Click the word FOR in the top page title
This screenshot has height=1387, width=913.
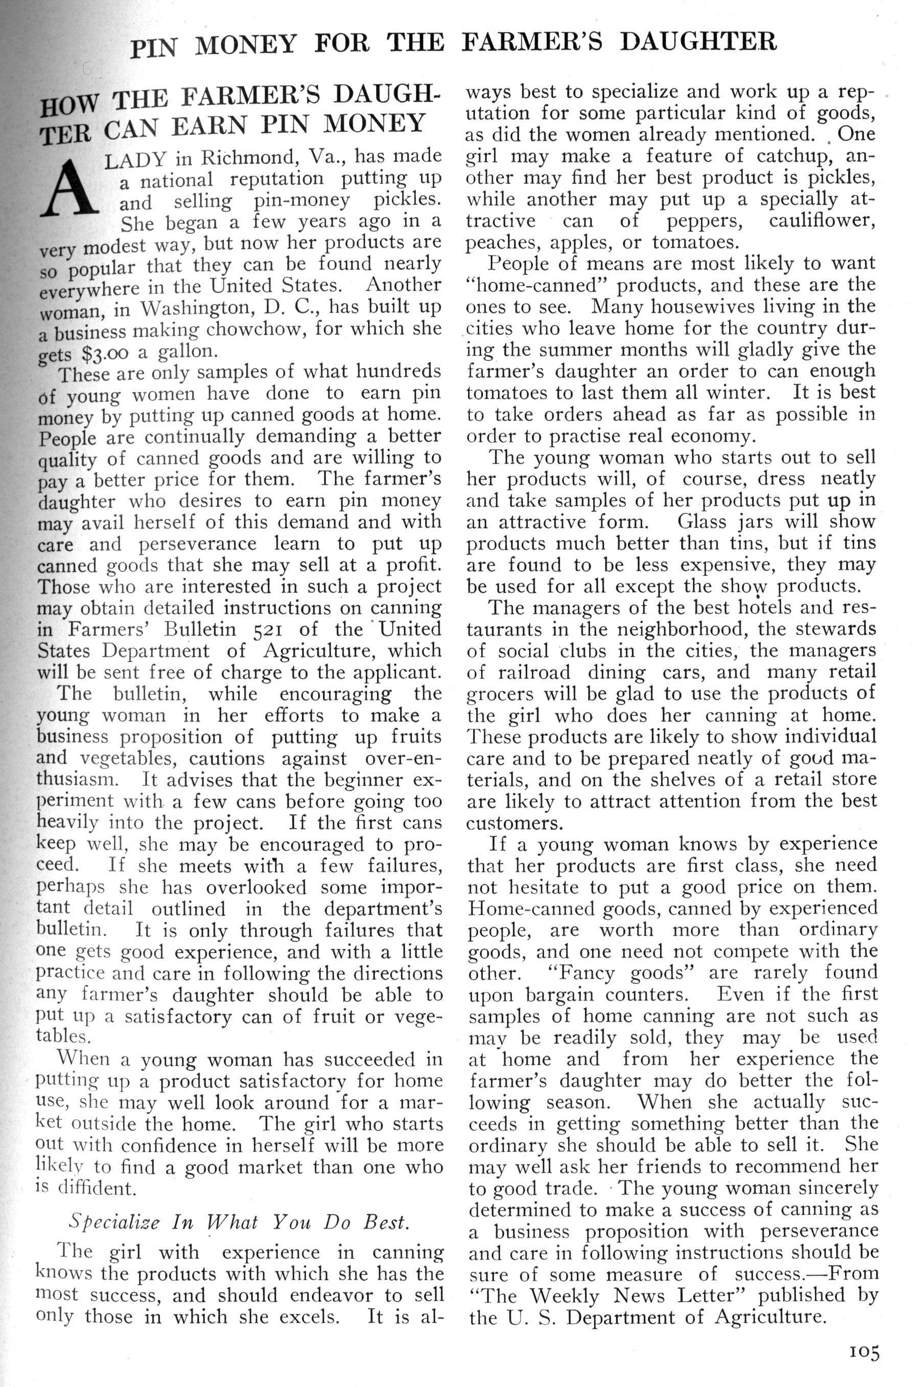tap(341, 45)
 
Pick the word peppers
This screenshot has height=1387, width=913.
tap(705, 221)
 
